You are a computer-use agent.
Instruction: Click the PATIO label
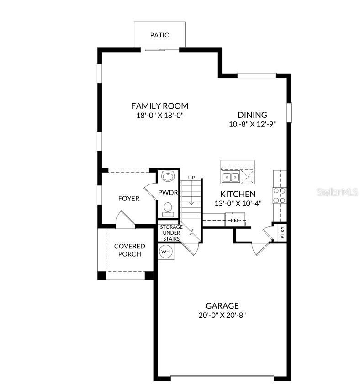click(x=159, y=35)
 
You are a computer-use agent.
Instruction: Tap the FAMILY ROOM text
click(x=159, y=106)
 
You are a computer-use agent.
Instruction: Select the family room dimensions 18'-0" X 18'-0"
click(x=159, y=116)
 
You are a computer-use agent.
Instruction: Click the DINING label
click(x=252, y=115)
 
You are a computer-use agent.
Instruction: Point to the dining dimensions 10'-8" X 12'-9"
click(x=252, y=124)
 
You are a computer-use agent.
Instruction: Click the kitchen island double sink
click(x=230, y=177)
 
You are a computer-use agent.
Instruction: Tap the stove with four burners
click(x=280, y=195)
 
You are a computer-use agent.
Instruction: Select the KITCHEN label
click(x=238, y=194)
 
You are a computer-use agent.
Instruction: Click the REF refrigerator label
click(x=235, y=221)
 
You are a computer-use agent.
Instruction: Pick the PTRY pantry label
click(x=282, y=233)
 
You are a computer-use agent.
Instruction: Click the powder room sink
click(x=168, y=176)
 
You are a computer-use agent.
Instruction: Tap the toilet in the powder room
click(x=168, y=209)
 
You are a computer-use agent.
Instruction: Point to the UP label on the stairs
click(x=191, y=177)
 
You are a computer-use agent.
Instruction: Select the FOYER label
click(x=129, y=199)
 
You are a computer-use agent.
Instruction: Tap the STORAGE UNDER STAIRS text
click(x=171, y=233)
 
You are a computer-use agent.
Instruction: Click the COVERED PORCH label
click(x=129, y=250)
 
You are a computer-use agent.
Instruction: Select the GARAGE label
click(x=222, y=306)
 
